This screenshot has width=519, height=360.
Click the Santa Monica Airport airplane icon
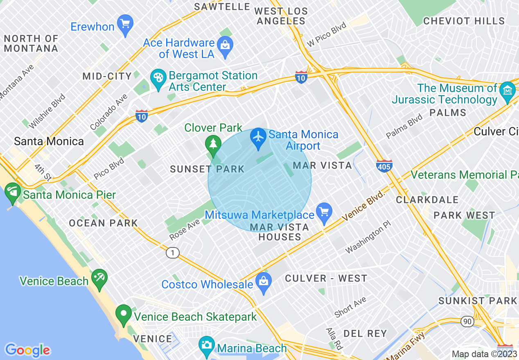(x=258, y=136)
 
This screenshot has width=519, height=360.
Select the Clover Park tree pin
(x=212, y=143)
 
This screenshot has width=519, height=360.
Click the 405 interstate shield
(x=384, y=166)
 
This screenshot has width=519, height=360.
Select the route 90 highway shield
(x=467, y=322)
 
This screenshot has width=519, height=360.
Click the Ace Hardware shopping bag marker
(x=225, y=44)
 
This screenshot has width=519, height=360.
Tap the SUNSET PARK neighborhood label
(x=207, y=169)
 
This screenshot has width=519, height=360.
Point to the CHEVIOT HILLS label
(x=464, y=21)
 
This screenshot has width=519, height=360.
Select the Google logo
(x=27, y=350)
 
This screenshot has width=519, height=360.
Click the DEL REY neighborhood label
(x=365, y=333)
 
